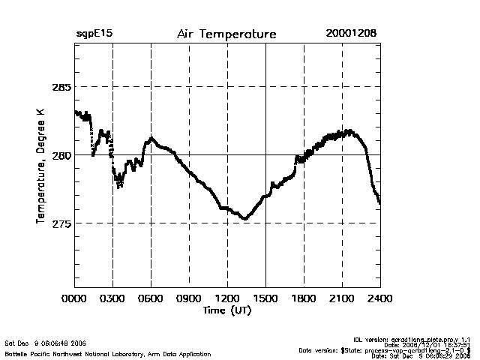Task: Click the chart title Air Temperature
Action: point(226,34)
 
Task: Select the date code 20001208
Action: point(351,34)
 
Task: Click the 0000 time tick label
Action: point(74,298)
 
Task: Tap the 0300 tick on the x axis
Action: point(112,298)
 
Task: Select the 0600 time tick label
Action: point(151,298)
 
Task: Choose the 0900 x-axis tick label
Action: point(189,298)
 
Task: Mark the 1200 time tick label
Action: point(227,298)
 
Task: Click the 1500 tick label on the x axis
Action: point(265,298)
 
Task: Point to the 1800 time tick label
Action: point(304,298)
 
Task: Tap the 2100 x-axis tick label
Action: point(342,298)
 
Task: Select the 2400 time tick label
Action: point(379,298)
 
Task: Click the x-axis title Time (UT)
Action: point(226,310)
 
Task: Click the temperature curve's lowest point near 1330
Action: point(244,218)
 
